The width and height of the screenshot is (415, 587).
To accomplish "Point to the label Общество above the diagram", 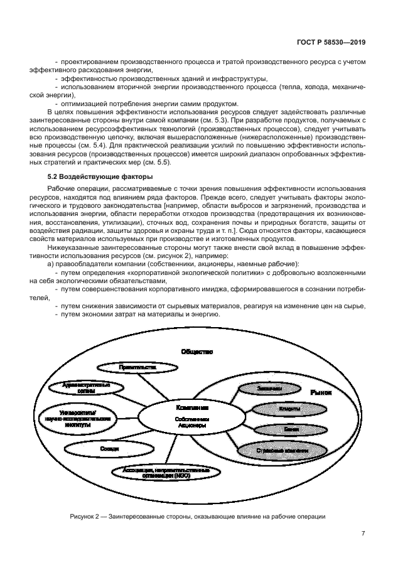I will (x=197, y=352).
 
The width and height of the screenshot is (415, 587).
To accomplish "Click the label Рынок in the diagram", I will (x=320, y=392).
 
